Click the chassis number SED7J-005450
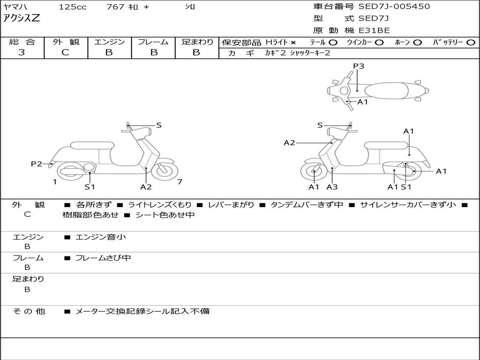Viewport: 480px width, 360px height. tap(394, 7)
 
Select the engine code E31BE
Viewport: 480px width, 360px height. tap(374, 30)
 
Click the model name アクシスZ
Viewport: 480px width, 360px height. tap(22, 18)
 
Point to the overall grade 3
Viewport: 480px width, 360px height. tap(22, 52)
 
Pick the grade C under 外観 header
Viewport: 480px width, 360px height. tap(66, 52)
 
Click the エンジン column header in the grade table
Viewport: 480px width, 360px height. tap(109, 42)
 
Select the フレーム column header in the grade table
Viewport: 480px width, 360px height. tap(153, 42)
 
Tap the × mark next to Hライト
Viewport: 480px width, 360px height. tap(293, 42)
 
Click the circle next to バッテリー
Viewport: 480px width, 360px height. tap(471, 42)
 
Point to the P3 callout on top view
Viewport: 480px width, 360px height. tap(358, 66)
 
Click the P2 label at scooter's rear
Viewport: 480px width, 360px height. tap(37, 164)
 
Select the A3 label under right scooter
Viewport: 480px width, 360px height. tap(332, 187)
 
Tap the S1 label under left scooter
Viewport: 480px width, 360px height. tap(90, 187)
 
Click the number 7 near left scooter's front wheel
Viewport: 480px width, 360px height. tap(179, 182)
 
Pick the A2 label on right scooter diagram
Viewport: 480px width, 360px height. tap(289, 142)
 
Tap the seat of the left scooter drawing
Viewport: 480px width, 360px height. tap(92, 145)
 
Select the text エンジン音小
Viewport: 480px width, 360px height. tap(101, 237)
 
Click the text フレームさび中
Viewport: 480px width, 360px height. tap(103, 258)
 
